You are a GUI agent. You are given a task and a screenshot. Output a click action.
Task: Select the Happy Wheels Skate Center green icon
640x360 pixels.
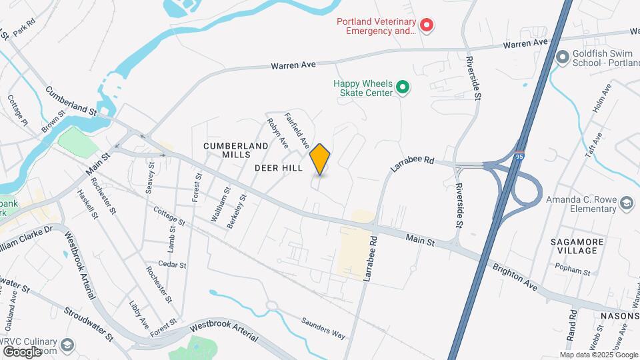402,87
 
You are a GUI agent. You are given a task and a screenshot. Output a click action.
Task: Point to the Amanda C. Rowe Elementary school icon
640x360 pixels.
627,203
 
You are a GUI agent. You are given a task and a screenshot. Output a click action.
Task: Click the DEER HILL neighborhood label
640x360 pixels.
279,169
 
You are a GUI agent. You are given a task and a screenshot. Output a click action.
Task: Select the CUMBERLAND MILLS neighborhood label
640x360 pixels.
226,150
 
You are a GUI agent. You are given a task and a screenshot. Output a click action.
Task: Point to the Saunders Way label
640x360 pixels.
323,327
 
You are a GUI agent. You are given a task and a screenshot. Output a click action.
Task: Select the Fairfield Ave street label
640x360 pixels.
297,129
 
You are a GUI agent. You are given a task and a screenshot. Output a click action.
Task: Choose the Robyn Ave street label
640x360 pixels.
277,133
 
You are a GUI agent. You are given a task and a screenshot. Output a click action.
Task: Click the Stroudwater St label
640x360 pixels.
89,322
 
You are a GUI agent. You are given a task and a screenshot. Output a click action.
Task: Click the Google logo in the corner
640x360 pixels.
22,351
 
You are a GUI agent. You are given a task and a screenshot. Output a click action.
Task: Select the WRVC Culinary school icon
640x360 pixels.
67,344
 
